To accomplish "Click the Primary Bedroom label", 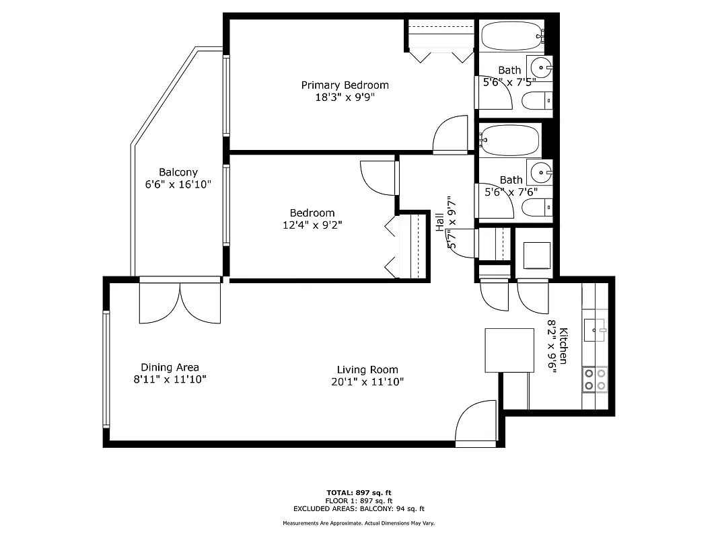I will (345, 85).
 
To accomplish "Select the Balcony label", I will (178, 172).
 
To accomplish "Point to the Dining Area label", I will (170, 367).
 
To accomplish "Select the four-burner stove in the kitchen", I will (595, 379).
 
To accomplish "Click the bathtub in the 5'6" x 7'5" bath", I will (510, 35).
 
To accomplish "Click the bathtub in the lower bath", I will (509, 140).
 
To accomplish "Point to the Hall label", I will (439, 223).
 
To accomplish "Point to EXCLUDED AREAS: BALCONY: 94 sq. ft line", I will (359, 509).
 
